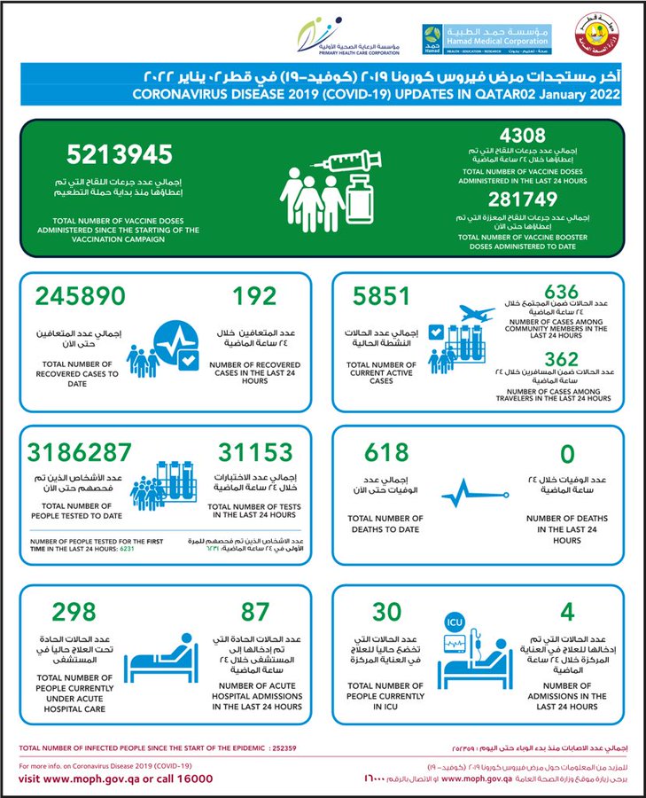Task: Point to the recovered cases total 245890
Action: coord(80,296)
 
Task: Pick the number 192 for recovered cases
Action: coord(254,296)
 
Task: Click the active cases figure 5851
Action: coord(381,296)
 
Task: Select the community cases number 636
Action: coord(561,292)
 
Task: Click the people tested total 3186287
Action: coord(80,452)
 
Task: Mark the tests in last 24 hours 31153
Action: coord(253,452)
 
